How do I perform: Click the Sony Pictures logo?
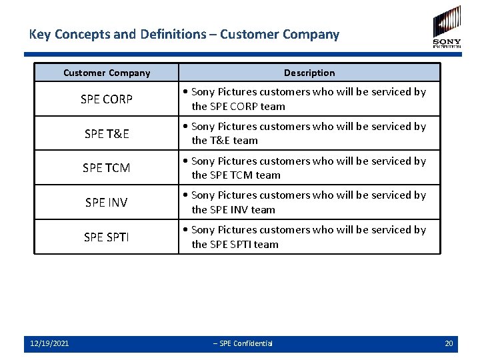point(447,27)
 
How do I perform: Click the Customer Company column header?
point(107,73)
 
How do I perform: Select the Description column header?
point(309,73)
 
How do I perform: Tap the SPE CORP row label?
point(107,99)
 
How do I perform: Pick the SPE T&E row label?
point(107,133)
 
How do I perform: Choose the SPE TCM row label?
point(107,168)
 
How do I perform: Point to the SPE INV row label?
point(107,202)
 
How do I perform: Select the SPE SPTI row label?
point(107,237)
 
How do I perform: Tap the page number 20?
point(449,343)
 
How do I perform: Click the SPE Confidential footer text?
point(243,343)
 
